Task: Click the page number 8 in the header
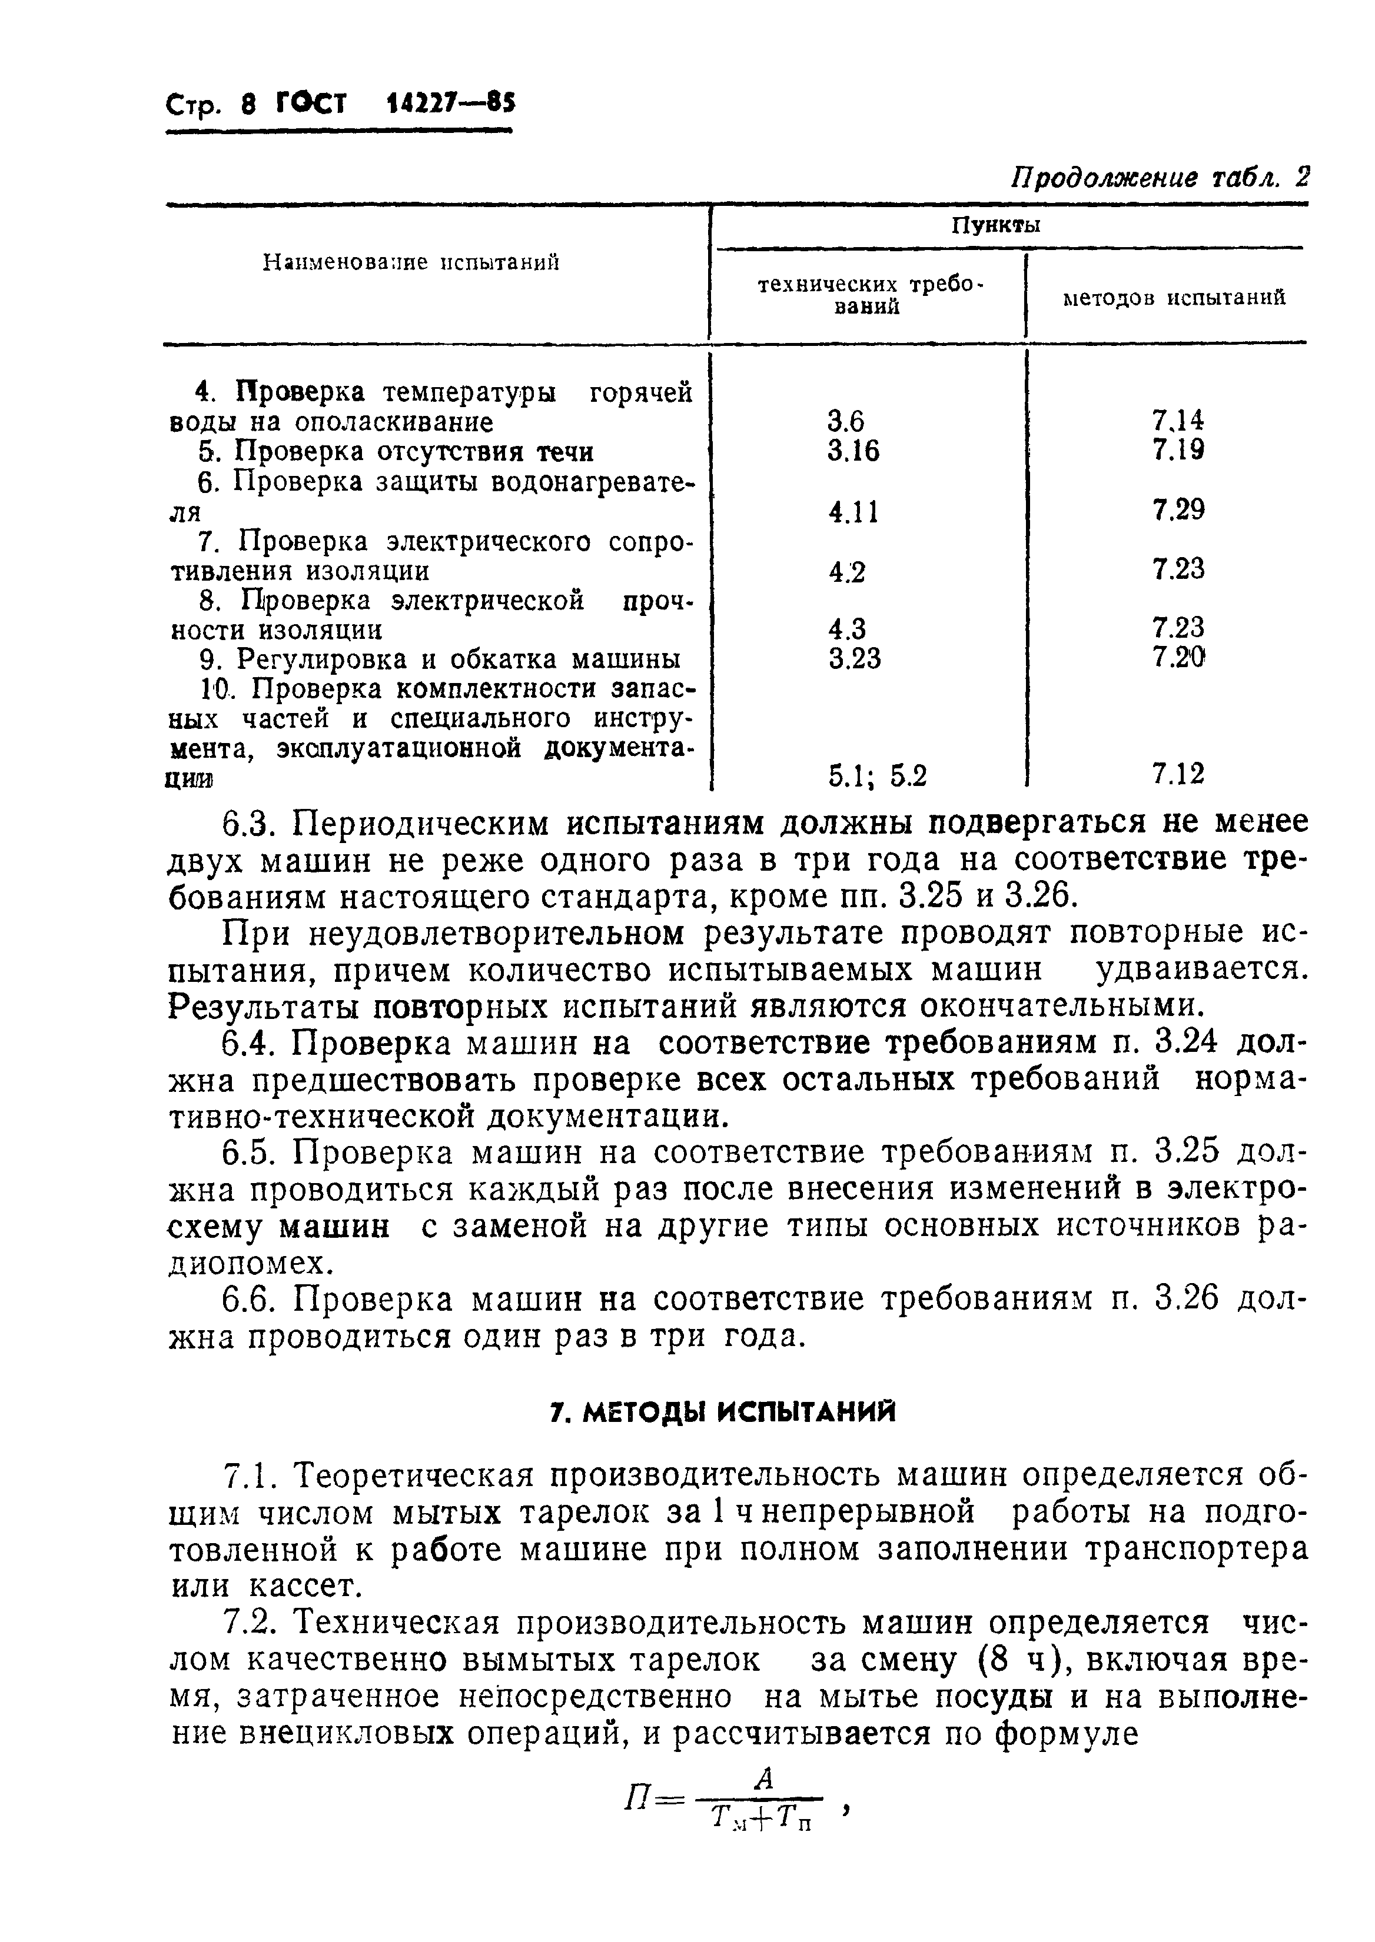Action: point(247,105)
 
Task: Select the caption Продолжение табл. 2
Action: point(1160,178)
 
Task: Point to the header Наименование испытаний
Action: point(411,262)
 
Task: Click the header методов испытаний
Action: point(1174,298)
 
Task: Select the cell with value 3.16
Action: point(853,452)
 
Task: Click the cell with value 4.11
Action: point(853,512)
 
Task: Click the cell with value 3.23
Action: point(854,658)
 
